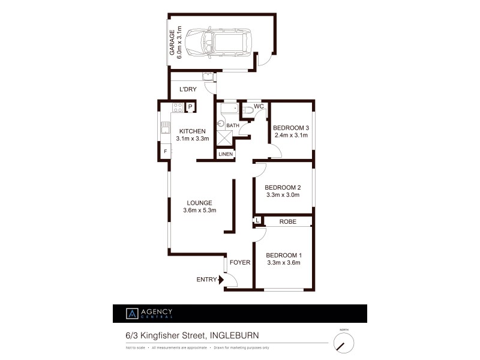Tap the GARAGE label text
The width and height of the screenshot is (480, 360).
tap(172, 43)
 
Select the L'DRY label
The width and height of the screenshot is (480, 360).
tap(188, 89)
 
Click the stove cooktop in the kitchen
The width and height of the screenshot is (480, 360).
tap(178, 107)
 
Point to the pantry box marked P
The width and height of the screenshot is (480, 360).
tap(190, 108)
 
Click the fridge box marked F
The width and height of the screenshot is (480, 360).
tap(165, 151)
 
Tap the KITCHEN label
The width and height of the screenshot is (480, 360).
tap(192, 131)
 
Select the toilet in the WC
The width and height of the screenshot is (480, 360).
tap(248, 110)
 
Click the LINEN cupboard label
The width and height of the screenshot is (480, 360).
tap(225, 155)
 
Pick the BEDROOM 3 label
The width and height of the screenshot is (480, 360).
tap(291, 128)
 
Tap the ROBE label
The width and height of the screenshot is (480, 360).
tap(289, 222)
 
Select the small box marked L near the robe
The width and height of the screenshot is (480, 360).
tap(257, 221)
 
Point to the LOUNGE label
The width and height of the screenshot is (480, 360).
tap(199, 203)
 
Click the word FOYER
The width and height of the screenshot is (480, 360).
tap(240, 262)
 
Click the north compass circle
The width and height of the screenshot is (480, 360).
tap(344, 343)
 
